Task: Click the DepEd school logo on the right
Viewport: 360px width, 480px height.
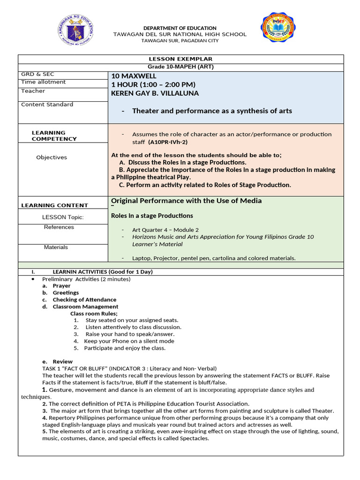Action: (279, 30)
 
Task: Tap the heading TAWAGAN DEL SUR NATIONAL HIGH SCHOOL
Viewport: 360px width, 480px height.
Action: (180, 35)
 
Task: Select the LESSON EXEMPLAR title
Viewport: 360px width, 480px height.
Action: (180, 59)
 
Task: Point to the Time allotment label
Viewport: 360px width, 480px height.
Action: (44, 82)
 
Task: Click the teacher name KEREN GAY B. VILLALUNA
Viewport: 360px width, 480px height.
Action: (155, 93)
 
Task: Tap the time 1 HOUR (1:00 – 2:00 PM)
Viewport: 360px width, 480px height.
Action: (153, 84)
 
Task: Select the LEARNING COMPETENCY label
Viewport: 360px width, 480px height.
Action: (54, 136)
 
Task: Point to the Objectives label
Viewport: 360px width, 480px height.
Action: (52, 157)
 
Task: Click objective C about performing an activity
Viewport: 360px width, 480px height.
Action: (205, 185)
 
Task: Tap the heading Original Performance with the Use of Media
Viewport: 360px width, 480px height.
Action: (186, 201)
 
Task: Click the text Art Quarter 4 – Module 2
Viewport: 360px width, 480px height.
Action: (165, 230)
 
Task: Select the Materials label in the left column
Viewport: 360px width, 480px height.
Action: (56, 247)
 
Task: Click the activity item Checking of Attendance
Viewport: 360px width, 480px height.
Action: (84, 300)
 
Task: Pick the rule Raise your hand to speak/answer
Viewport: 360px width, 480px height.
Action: (130, 334)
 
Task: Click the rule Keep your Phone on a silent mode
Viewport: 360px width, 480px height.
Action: (129, 341)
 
